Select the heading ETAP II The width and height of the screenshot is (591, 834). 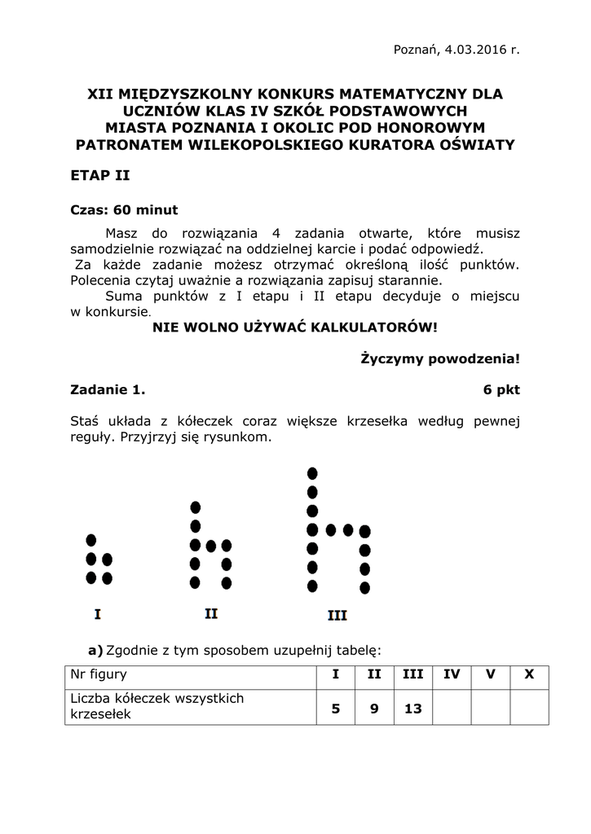point(100,175)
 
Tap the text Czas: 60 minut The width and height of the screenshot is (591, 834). point(124,209)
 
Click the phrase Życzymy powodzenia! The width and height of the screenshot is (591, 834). point(439,358)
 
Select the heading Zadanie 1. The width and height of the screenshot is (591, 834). point(108,389)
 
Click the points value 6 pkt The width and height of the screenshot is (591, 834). point(501,389)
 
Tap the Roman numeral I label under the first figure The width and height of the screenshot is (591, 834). point(98,613)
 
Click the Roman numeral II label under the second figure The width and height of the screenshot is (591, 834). point(210,613)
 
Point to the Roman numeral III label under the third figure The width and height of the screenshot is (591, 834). point(337,616)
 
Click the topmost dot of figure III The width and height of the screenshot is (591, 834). point(311,473)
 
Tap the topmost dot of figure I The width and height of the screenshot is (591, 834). point(91,540)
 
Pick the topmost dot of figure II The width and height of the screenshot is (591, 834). point(195,507)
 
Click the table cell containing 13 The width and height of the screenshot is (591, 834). point(412,709)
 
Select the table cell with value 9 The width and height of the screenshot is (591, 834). point(374,709)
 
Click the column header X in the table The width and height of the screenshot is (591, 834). point(529,674)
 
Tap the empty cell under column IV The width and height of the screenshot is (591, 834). point(452,709)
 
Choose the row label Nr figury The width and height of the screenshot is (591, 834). point(99,674)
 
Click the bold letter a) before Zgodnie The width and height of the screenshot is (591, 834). point(95,650)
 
